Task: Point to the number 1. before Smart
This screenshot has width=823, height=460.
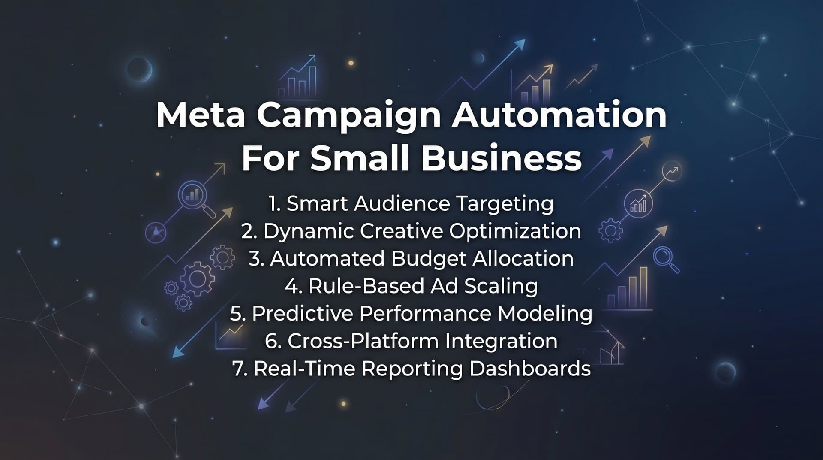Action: point(274,204)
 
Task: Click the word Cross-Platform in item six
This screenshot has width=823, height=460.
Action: point(363,341)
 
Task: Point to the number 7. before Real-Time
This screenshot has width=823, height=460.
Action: point(240,369)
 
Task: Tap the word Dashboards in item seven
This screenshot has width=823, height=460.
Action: point(530,369)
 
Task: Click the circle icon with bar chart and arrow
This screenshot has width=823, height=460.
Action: point(638,204)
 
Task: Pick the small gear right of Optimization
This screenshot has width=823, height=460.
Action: point(610,231)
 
